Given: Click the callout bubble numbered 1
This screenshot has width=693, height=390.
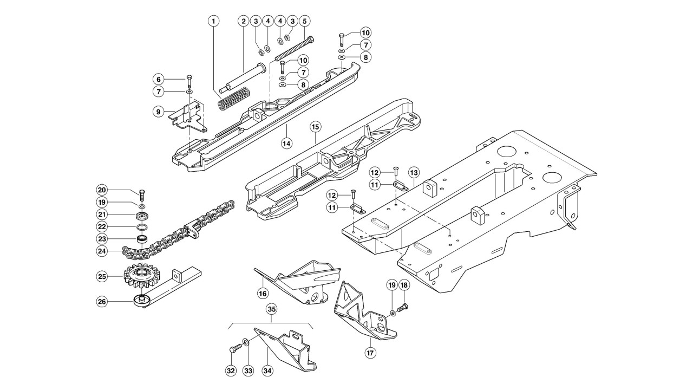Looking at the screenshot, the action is coord(213,21).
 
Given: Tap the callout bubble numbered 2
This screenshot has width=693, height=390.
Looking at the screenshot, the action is coord(244,21).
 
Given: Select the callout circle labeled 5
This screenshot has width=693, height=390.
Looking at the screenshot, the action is coord(304,21).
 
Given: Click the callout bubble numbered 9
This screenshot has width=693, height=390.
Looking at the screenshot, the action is coord(159,112).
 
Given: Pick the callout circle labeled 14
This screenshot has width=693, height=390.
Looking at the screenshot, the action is coord(286,144).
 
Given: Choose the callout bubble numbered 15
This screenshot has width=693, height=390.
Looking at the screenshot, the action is coord(315,127).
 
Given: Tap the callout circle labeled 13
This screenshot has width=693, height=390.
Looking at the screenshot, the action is coord(414,173).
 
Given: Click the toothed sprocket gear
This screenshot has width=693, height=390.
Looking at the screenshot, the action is coord(141,276).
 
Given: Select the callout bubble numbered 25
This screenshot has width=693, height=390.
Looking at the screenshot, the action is coord(102,276).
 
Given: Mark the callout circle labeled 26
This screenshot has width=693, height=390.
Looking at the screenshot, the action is coord(102,301).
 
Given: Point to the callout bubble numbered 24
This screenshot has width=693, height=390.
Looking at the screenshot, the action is coord(102,251).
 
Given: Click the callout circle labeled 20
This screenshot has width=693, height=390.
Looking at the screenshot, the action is coord(102,190).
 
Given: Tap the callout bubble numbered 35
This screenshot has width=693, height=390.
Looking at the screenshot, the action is coord(272,309).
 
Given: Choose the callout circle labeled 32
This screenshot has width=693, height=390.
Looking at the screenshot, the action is coord(231,371).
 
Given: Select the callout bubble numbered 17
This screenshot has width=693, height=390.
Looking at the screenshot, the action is coord(370,353).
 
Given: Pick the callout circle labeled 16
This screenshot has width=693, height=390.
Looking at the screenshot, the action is coord(263,293).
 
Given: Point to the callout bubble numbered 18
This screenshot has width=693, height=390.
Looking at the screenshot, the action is coord(404,285).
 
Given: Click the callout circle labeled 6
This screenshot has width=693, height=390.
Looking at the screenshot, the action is coord(159,80).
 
